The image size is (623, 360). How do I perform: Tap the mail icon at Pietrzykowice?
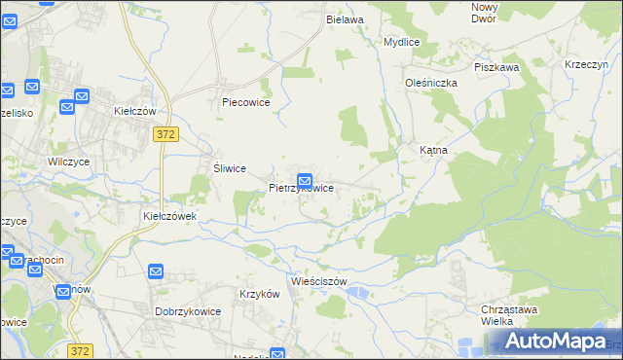pyautogui.click(x=305, y=180)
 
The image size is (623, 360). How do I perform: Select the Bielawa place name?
pyautogui.click(x=345, y=18)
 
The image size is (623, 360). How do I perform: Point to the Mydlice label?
pyautogui.click(x=401, y=43)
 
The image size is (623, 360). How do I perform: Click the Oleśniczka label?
pyautogui.click(x=431, y=83)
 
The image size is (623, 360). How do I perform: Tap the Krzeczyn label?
pyautogui.click(x=586, y=64)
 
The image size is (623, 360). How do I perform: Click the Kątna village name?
pyautogui.click(x=432, y=151)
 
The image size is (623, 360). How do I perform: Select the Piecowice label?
pyautogui.click(x=245, y=101)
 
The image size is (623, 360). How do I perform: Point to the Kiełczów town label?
pyautogui.click(x=135, y=111)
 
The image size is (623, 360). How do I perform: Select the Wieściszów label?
pyautogui.click(x=319, y=281)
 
